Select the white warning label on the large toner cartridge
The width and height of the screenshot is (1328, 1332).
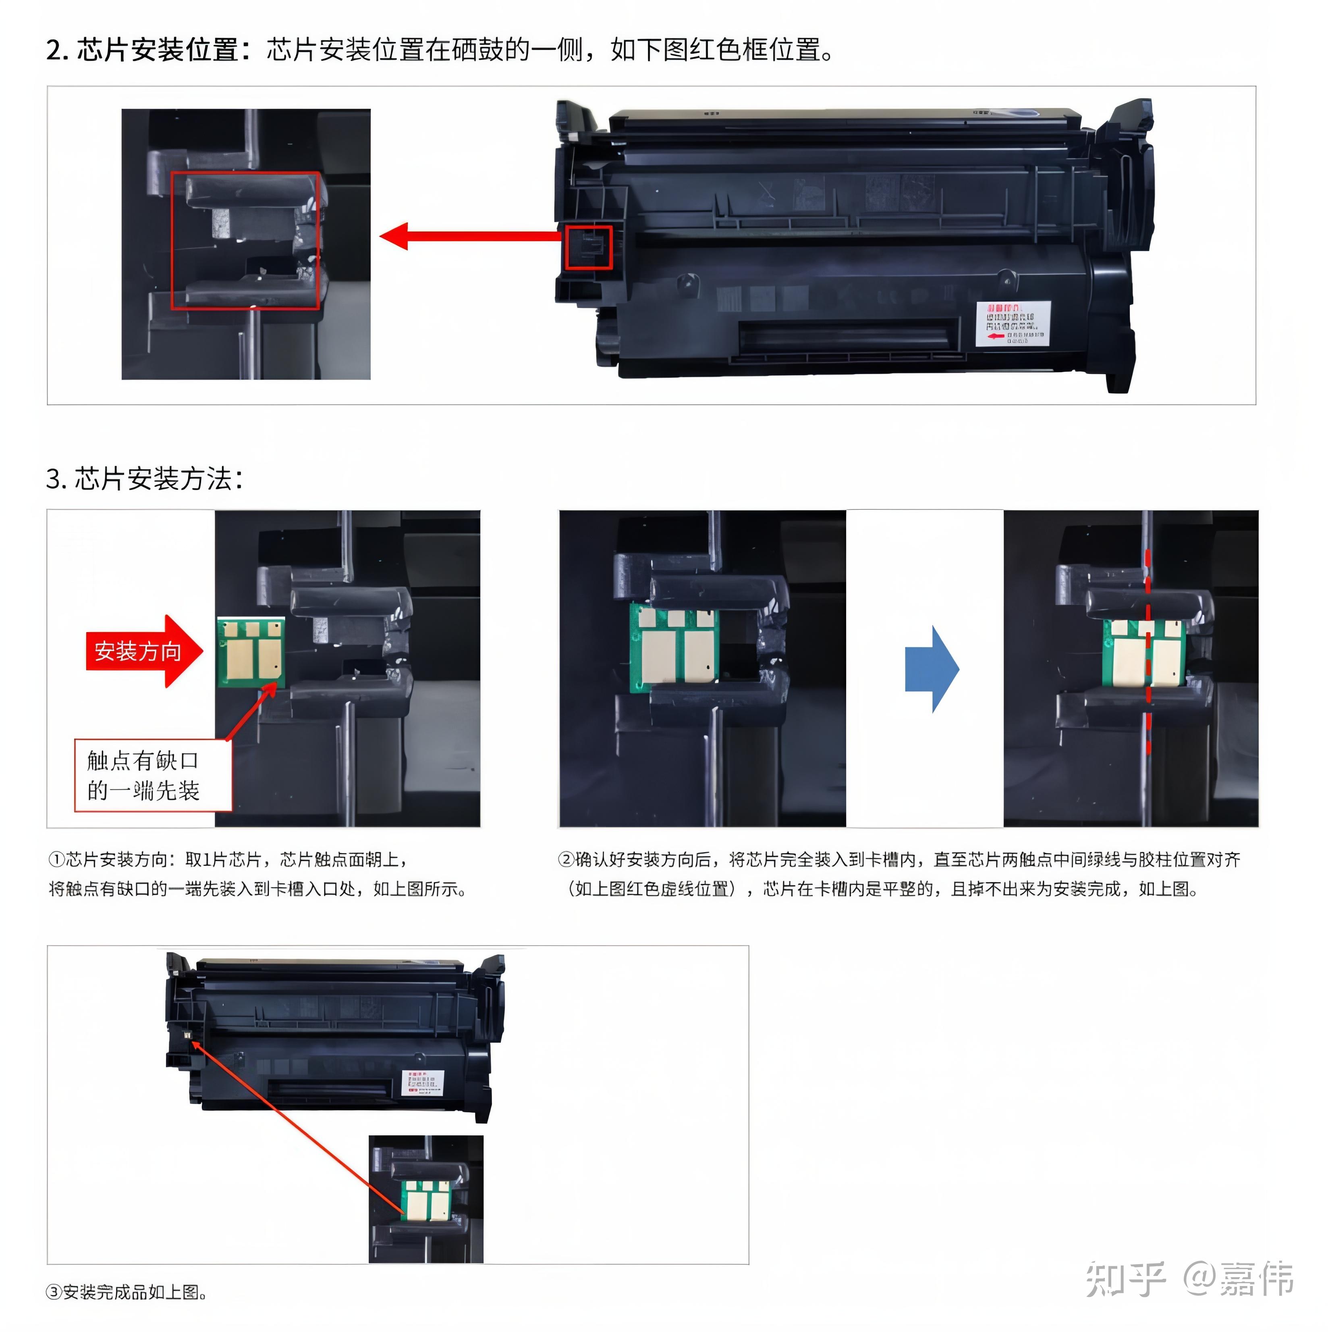[1013, 323]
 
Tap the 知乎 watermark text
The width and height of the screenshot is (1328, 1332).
[1125, 1279]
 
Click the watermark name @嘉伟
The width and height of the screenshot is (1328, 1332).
[1239, 1279]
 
